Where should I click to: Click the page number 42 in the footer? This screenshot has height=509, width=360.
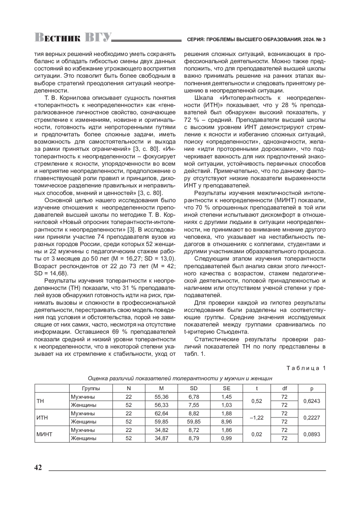(x=38, y=467)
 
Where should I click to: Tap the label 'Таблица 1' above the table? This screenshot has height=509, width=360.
(x=306, y=368)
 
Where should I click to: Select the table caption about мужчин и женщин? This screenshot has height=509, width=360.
(x=180, y=379)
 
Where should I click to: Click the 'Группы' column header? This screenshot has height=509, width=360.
(x=91, y=388)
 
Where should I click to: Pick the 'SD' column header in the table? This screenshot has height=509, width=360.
(x=194, y=388)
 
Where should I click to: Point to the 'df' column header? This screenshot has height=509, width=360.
(x=284, y=388)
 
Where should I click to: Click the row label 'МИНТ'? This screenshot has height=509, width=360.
(x=44, y=434)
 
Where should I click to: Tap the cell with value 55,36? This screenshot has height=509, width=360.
(x=161, y=397)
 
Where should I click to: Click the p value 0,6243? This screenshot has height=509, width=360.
(x=312, y=401)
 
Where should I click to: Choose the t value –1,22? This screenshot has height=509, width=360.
(x=256, y=418)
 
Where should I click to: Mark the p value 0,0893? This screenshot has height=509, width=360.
(x=312, y=434)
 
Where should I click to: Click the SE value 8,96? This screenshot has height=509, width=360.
(x=226, y=422)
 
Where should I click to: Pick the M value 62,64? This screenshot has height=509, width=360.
(x=161, y=413)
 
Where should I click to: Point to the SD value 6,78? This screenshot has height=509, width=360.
(x=194, y=397)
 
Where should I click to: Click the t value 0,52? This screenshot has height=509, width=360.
(x=256, y=401)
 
